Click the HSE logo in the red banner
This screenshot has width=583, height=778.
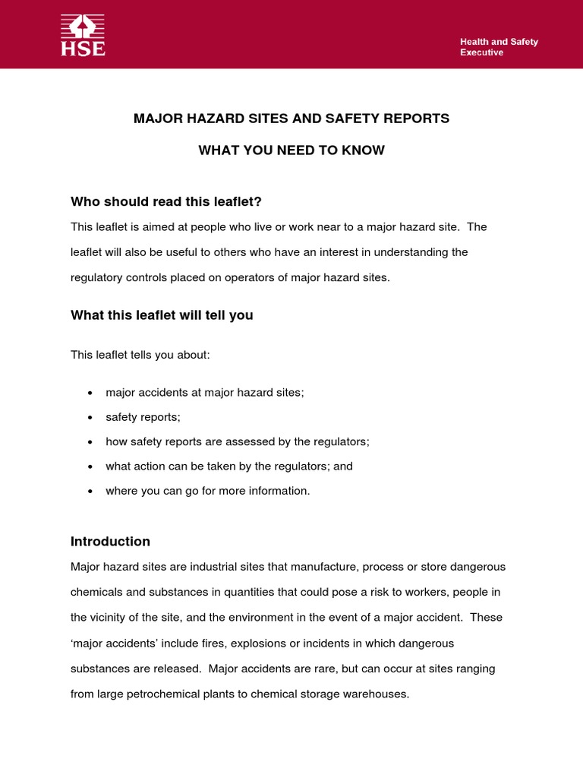click(x=83, y=36)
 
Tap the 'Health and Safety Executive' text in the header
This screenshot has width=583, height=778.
click(x=499, y=47)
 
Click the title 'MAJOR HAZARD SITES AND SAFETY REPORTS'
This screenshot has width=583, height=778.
click(x=291, y=119)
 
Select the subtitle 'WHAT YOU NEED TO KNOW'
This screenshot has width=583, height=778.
click(x=291, y=150)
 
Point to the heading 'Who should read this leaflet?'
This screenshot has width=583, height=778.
click(x=166, y=201)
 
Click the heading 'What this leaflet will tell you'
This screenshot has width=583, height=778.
click(x=162, y=315)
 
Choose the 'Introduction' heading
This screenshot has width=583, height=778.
click(x=110, y=542)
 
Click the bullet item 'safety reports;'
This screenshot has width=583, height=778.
click(x=143, y=417)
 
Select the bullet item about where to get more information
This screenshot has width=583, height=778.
click(x=207, y=491)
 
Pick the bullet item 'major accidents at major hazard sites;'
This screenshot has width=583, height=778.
click(x=204, y=392)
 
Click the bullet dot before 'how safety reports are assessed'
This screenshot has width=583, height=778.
click(x=90, y=442)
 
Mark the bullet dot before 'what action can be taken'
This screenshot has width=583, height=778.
click(x=90, y=466)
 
